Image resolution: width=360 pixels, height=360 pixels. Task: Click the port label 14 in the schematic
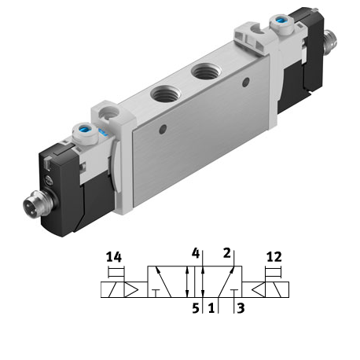(x=114, y=257)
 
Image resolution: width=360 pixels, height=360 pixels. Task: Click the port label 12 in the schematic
(x=274, y=257)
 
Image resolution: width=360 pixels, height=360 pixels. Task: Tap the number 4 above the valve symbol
(x=196, y=253)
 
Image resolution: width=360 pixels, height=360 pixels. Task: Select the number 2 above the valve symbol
(x=227, y=253)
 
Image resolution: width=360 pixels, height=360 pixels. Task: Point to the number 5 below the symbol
(x=196, y=308)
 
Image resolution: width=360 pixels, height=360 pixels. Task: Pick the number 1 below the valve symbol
(x=211, y=308)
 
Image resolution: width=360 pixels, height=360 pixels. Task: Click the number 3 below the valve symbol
(x=241, y=308)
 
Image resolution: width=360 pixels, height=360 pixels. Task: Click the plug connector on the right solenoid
(x=331, y=42)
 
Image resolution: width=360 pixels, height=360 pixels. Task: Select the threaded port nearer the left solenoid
(x=167, y=94)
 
